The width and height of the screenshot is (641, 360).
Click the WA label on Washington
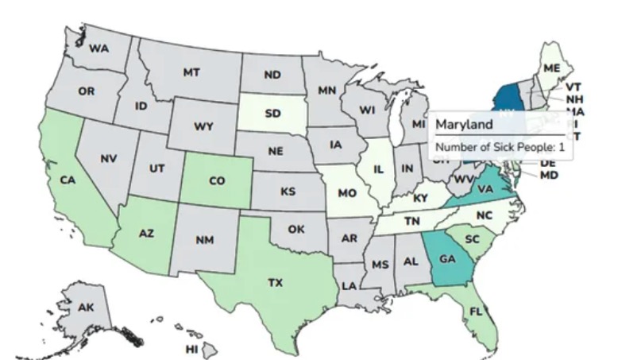(99, 48)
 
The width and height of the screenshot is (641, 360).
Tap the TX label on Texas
(275, 282)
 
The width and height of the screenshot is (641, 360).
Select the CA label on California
(67, 180)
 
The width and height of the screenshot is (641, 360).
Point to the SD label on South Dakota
(272, 114)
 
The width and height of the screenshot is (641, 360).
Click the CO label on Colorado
(217, 181)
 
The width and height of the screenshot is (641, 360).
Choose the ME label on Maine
(551, 69)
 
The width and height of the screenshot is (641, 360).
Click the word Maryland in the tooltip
(465, 125)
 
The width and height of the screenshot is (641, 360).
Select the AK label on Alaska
(86, 308)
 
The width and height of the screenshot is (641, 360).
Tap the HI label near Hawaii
(191, 349)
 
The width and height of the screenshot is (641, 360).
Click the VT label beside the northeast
(573, 87)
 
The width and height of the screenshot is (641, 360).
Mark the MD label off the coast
(549, 175)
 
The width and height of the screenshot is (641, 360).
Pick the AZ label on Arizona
(145, 234)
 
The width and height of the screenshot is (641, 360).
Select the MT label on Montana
(191, 72)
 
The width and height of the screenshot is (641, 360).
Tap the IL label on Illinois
(379, 169)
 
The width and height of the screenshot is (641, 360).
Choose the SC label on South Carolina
(471, 239)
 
